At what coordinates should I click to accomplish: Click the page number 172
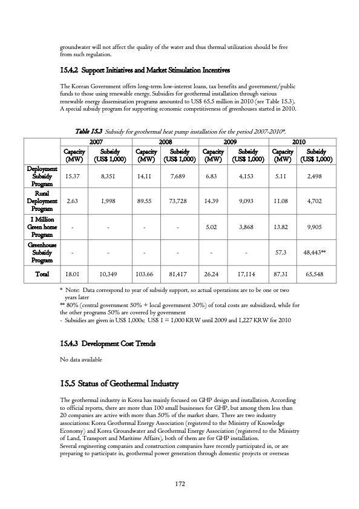coord(180,483)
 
